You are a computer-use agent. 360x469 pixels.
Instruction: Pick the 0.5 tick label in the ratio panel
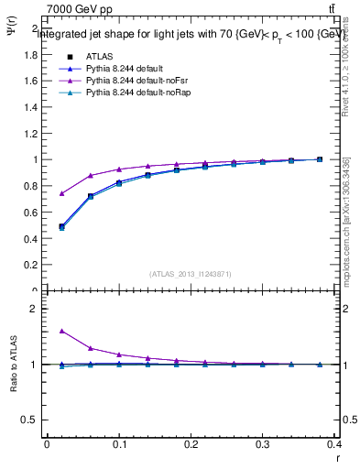[x=31, y=420]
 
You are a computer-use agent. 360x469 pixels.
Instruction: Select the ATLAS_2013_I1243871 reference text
[x=191, y=274]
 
